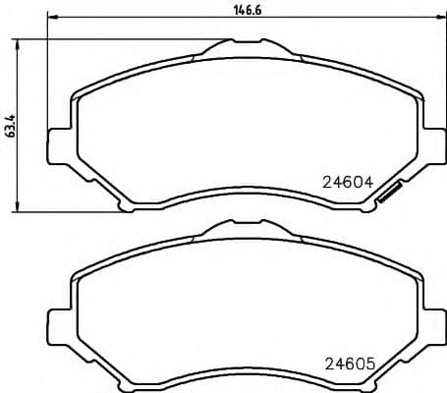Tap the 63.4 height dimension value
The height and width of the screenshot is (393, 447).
click(x=9, y=125)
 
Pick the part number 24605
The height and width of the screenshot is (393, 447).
click(x=351, y=363)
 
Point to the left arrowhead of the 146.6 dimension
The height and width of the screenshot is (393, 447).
click(x=51, y=18)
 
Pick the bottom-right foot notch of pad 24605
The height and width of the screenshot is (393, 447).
click(x=365, y=384)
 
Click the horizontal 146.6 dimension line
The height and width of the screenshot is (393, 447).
click(x=147, y=18)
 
